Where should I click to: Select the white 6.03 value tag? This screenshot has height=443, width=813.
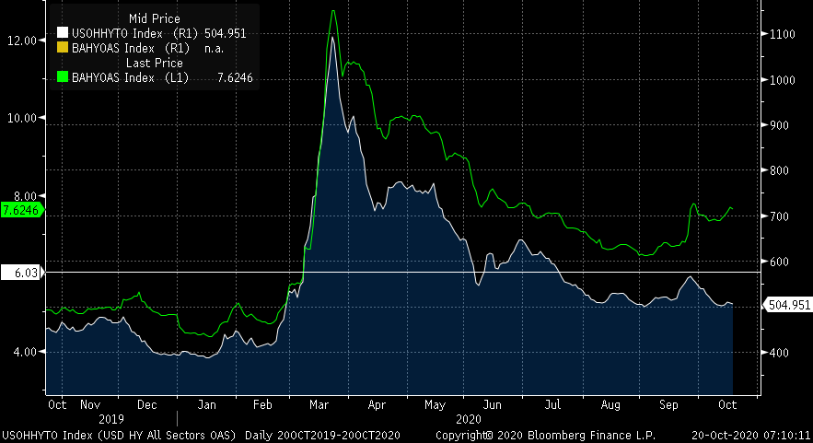pyautogui.click(x=20, y=273)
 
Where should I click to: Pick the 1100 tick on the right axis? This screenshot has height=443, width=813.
pyautogui.click(x=782, y=34)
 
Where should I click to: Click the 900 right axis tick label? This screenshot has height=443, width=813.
pyautogui.click(x=779, y=125)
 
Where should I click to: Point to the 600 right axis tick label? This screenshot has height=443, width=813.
pyautogui.click(x=779, y=262)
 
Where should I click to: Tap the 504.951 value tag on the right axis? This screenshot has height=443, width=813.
pyautogui.click(x=789, y=305)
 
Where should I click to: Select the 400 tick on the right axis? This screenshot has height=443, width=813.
pyautogui.click(x=779, y=353)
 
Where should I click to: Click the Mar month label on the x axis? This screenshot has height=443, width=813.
pyautogui.click(x=319, y=404)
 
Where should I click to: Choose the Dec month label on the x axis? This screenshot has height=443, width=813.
pyautogui.click(x=146, y=404)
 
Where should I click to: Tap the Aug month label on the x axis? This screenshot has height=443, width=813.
pyautogui.click(x=610, y=404)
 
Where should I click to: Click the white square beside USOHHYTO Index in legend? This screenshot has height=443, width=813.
pyautogui.click(x=63, y=33)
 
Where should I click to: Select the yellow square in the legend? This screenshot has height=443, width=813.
pyautogui.click(x=63, y=48)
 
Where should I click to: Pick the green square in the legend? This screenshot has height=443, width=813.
pyautogui.click(x=63, y=77)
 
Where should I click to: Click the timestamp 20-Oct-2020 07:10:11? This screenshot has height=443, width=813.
pyautogui.click(x=750, y=434)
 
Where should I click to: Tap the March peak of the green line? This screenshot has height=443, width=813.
pyautogui.click(x=332, y=11)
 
